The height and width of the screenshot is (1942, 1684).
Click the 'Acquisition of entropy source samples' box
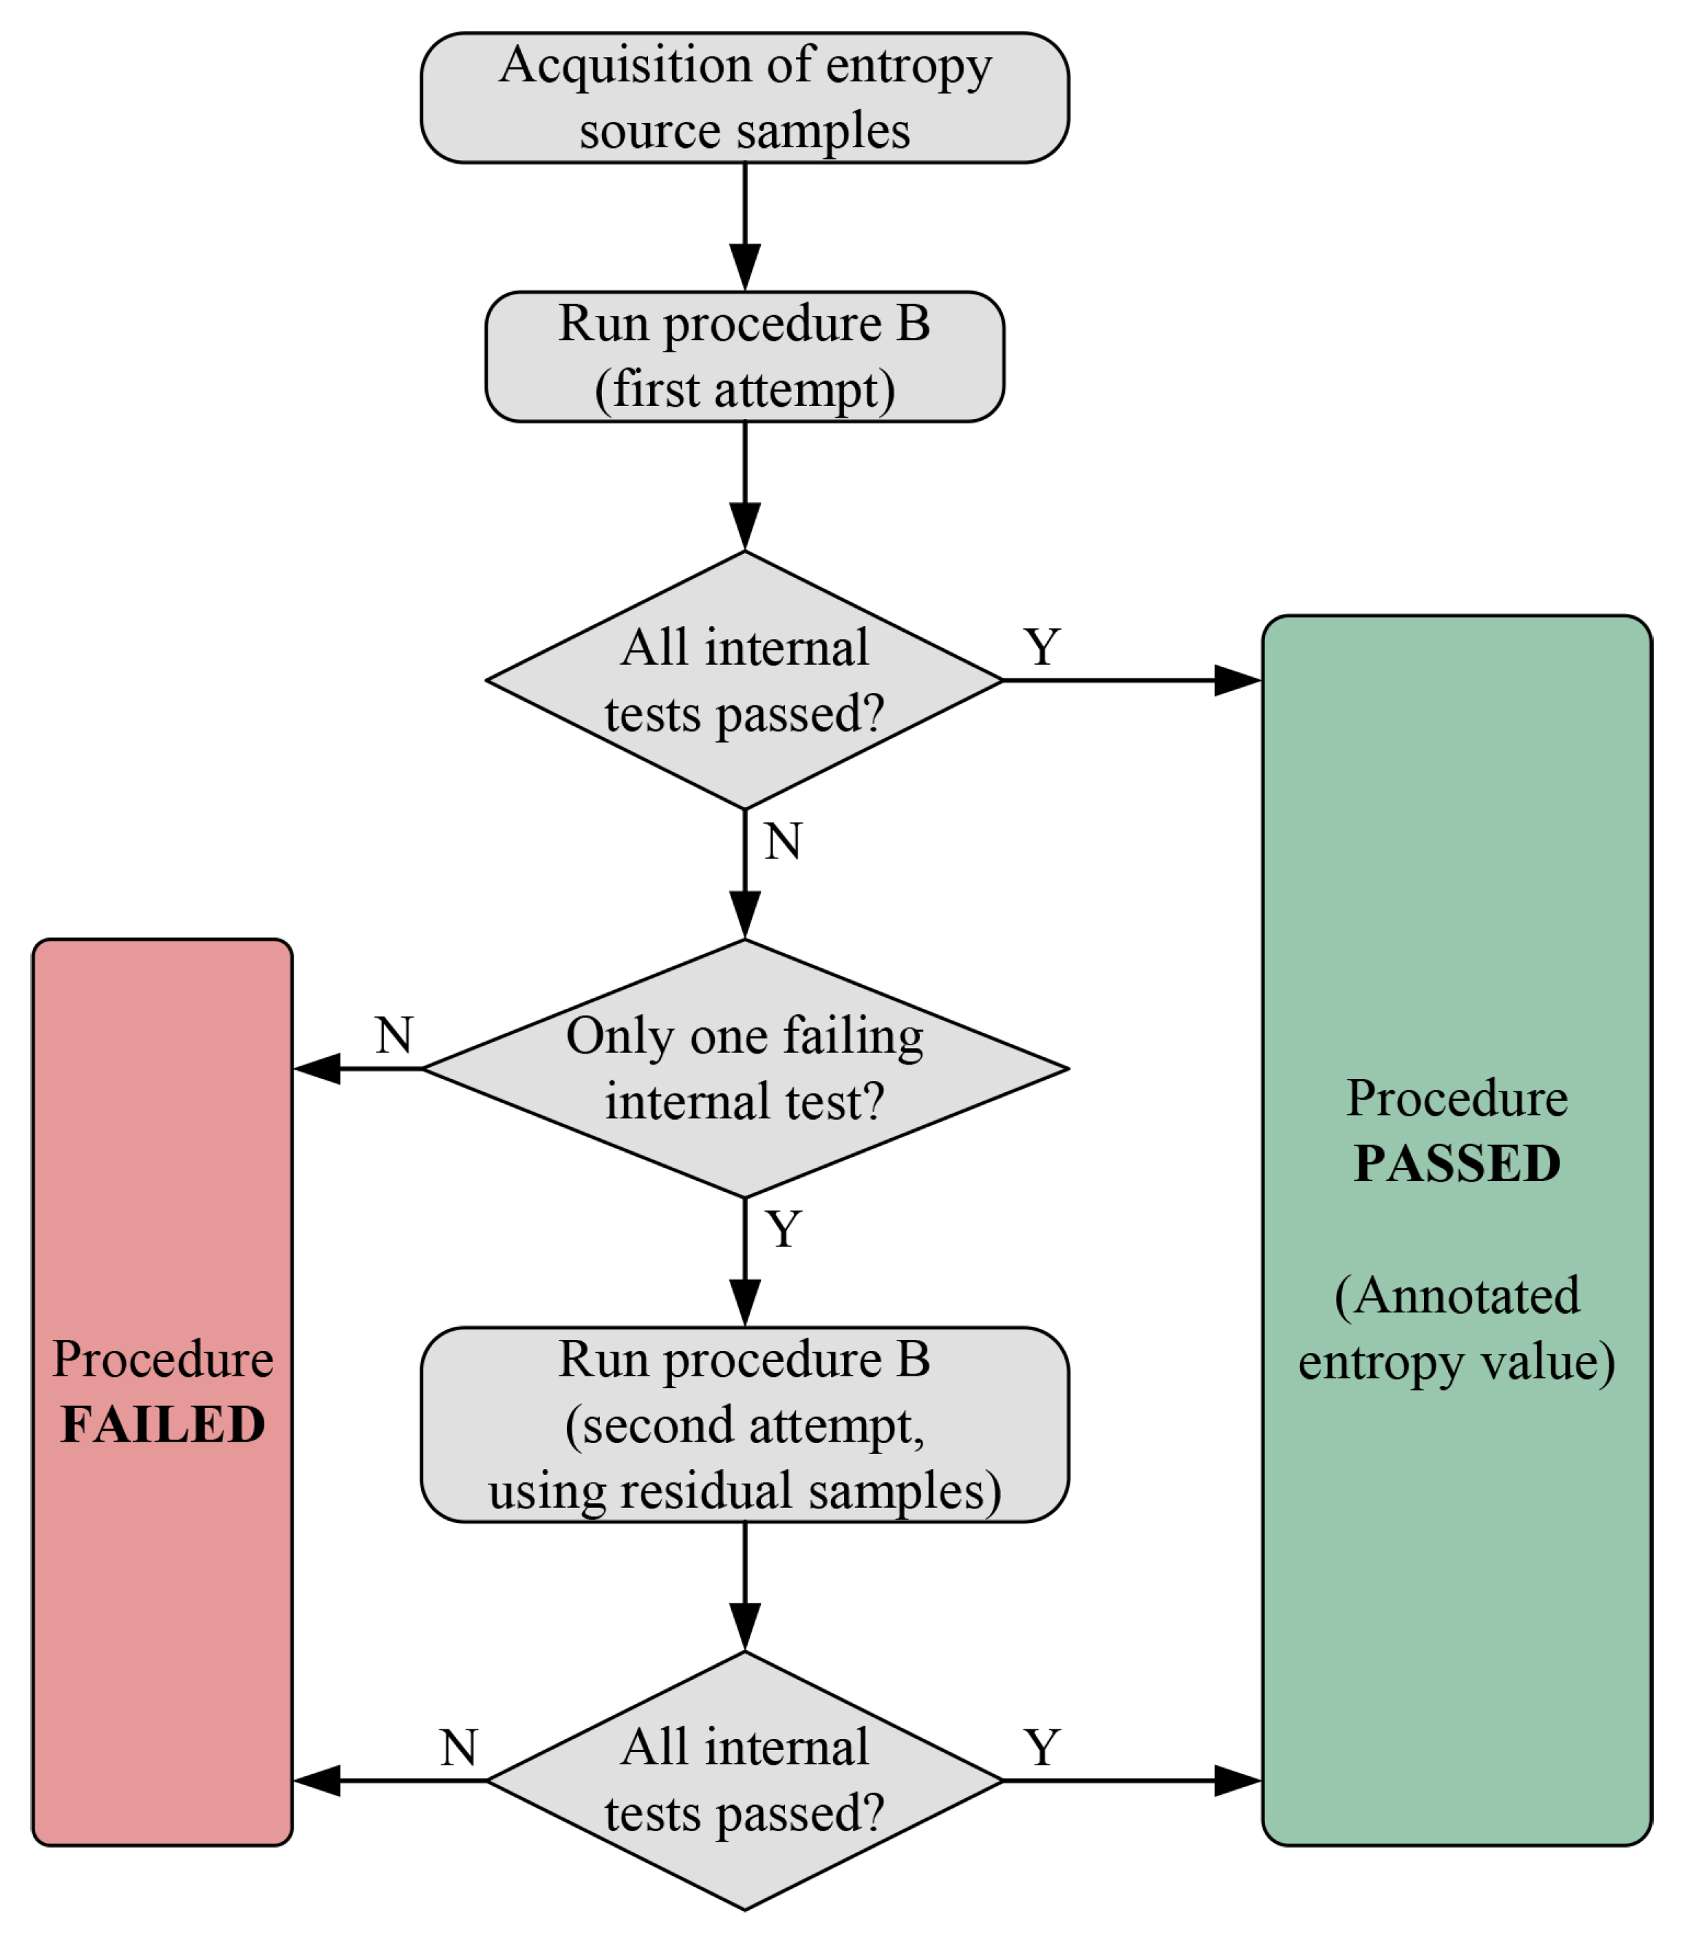pos(744,98)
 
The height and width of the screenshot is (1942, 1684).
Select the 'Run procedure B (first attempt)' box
pos(744,356)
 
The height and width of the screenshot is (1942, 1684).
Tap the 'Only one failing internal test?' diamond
pos(744,1069)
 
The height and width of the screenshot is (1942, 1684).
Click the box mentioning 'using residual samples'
pos(744,1425)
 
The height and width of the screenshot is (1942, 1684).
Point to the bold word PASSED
pos(1456,1164)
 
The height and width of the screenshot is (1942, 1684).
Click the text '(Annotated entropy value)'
pos(1456,1328)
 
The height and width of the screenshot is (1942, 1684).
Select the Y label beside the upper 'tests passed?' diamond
pos(1042,648)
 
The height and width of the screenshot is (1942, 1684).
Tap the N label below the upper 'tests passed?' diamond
pos(783,842)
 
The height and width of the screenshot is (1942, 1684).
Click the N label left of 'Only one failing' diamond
pos(393,1036)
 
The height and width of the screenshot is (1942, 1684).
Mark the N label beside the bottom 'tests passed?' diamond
pos(459,1749)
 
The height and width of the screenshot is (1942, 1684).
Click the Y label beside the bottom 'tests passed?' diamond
pos(1042,1749)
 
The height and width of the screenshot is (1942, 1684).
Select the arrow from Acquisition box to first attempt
pos(745,226)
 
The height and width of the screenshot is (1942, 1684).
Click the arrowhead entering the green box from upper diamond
pos(1237,681)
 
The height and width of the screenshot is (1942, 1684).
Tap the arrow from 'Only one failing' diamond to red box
pos(357,1069)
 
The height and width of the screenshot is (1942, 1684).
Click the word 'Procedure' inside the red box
pos(162,1359)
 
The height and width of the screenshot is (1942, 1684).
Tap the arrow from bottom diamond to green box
pos(1127,1780)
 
